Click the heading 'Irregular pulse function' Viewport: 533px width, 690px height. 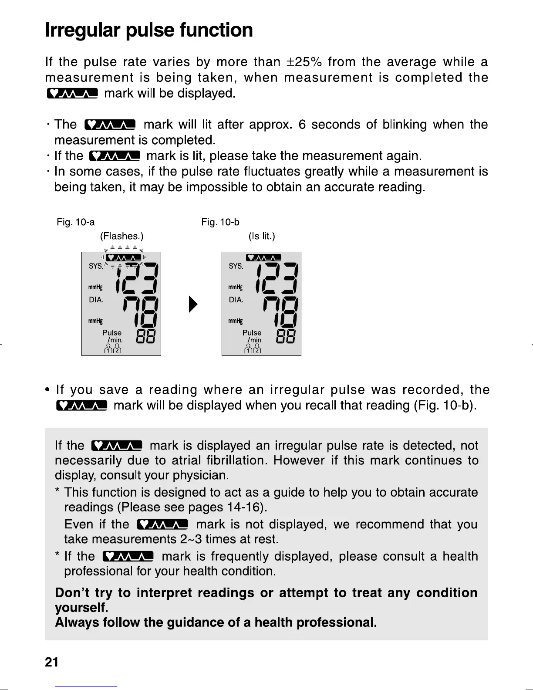coord(149,30)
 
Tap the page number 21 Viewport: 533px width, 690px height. coord(51,663)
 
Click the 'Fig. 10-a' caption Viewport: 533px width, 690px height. coord(76,223)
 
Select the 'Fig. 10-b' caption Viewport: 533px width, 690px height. coord(220,223)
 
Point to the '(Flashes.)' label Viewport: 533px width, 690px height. coord(121,237)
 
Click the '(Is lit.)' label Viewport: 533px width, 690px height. coord(262,237)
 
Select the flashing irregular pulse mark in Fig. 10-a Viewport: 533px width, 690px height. coord(124,258)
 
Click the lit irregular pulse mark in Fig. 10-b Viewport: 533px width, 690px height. coord(263,258)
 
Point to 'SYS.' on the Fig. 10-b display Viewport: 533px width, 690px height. coord(236,266)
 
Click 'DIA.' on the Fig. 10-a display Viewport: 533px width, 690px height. coord(96,300)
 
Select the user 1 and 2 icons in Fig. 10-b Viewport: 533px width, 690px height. coord(253,348)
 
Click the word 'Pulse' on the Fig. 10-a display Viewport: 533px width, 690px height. coord(112,333)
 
